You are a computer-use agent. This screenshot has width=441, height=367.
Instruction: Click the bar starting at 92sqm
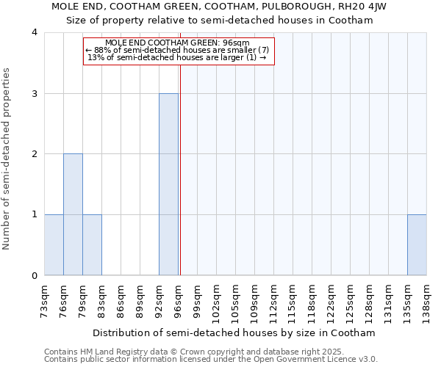tap(168, 184)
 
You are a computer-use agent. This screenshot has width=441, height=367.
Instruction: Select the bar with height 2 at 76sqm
tap(73, 214)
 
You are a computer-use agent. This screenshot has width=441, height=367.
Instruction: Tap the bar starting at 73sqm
tap(54, 244)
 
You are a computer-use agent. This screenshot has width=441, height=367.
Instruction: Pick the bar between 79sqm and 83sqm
tap(92, 244)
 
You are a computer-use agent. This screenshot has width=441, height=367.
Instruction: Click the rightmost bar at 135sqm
tap(417, 244)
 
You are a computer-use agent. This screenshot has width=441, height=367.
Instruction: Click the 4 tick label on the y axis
tap(35, 32)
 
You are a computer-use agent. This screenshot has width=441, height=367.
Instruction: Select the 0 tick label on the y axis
tap(35, 275)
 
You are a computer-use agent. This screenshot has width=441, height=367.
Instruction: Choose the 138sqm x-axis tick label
tap(426, 300)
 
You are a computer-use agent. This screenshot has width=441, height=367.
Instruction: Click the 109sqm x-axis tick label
tap(254, 300)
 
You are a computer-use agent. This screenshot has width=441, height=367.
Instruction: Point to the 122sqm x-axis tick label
tap(331, 300)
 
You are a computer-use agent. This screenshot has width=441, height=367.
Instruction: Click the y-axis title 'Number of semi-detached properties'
tap(7, 159)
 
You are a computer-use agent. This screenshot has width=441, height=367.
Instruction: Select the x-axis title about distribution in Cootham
tap(235, 333)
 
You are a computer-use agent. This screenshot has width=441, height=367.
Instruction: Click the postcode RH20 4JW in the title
tap(364, 6)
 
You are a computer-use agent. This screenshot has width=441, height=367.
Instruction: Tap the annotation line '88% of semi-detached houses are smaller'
tap(178, 50)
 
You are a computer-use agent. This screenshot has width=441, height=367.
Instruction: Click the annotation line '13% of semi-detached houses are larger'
tap(176, 57)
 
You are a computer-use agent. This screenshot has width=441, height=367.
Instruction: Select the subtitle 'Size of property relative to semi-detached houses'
tap(220, 21)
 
